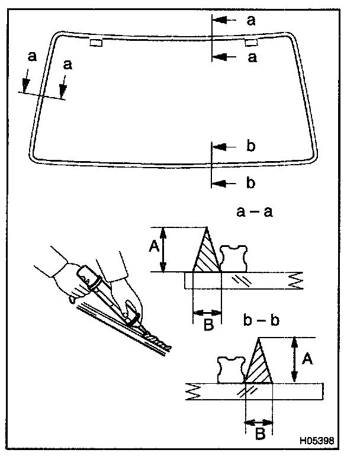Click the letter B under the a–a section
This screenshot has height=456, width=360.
(x=207, y=325)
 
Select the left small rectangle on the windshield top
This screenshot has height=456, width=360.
(x=95, y=42)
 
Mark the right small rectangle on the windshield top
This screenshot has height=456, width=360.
(x=251, y=42)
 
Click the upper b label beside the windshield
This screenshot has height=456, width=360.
(x=250, y=146)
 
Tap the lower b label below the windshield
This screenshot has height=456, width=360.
(x=250, y=183)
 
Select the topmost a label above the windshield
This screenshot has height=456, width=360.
(x=251, y=20)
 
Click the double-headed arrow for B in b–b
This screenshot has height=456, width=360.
(x=259, y=422)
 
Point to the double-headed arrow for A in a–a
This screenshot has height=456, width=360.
(x=166, y=249)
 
